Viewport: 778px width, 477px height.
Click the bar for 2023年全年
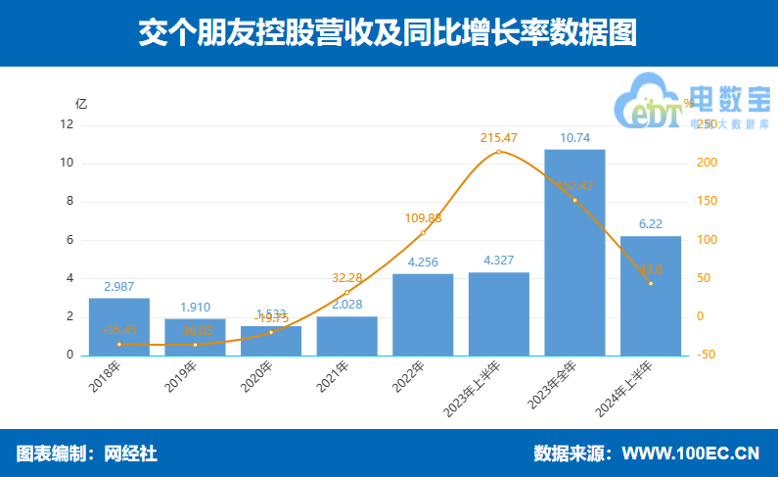pos(574,252)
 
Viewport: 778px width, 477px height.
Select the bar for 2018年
pos(119,326)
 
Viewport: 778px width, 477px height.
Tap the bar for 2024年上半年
pos(651,295)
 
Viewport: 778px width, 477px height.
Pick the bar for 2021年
pos(347,335)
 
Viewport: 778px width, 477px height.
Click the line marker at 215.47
pos(499,152)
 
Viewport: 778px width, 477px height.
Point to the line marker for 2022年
pos(423,233)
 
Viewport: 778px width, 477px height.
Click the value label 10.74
pos(574,138)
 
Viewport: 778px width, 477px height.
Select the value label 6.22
pos(651,224)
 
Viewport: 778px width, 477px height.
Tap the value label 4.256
pos(423,262)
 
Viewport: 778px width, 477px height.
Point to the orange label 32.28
pos(346,278)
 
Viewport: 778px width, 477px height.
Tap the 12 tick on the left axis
pos(67,124)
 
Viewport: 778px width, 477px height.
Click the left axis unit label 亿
pos(81,103)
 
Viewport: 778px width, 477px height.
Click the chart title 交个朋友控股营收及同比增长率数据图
pos(388,32)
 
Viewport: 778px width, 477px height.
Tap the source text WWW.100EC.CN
pos(691,453)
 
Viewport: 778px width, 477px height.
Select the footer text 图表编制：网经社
pos(86,453)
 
